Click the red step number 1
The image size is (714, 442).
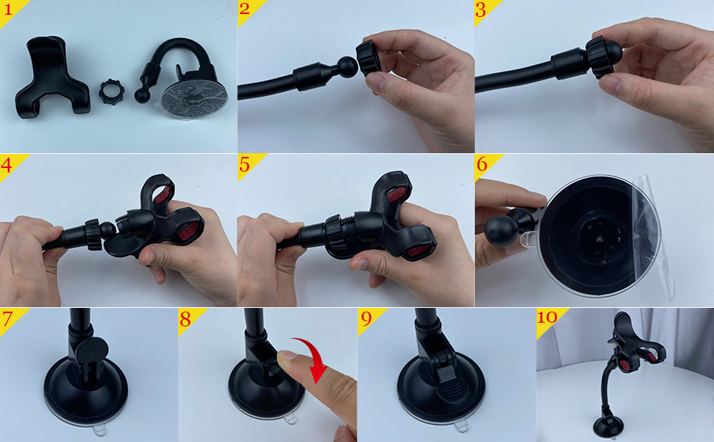[x=7, y=9]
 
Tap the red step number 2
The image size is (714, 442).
[x=244, y=9]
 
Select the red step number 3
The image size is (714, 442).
[x=481, y=9]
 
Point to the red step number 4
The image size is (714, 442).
[x=7, y=164]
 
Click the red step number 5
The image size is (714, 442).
[x=244, y=164]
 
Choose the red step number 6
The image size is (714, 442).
[x=482, y=164]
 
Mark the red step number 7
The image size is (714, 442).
[x=7, y=319]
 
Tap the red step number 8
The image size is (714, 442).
[x=185, y=319]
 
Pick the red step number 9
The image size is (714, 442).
[x=367, y=319]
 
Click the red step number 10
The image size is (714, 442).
[x=547, y=318]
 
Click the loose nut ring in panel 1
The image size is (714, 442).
[x=112, y=91]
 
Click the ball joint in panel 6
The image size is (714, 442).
[x=501, y=231]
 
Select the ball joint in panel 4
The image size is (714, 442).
[x=108, y=231]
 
